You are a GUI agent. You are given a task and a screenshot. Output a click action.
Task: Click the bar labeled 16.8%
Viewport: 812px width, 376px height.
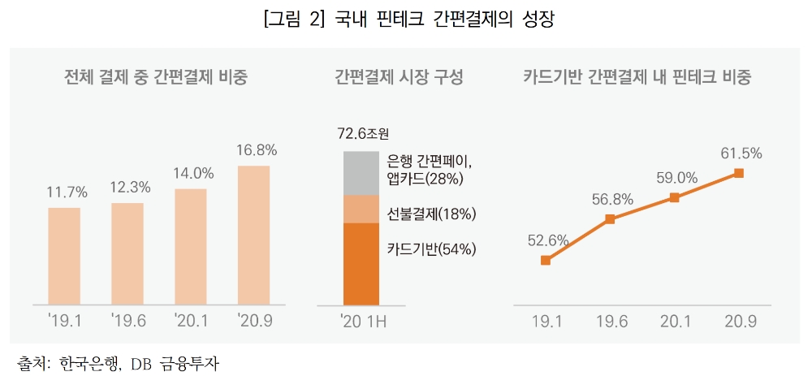point(253,236)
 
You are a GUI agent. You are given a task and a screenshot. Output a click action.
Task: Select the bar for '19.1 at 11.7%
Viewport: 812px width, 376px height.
point(64,257)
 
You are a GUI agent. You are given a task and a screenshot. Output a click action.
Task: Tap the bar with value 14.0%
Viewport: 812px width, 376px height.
point(190,247)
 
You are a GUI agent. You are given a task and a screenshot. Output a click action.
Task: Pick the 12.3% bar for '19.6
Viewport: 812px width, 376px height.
point(127,254)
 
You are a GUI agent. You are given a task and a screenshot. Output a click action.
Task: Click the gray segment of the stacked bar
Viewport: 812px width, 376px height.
point(361,172)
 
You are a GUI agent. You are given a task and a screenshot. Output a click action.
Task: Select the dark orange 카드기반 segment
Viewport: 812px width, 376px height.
point(361,265)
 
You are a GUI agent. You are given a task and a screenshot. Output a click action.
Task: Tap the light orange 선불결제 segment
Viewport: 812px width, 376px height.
point(361,209)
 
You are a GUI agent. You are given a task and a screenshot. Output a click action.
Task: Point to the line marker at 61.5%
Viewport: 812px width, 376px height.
point(738,173)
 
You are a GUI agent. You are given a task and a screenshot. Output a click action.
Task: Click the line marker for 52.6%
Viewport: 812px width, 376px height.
point(546,261)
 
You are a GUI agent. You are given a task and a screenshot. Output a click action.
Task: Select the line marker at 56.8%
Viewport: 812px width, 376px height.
point(610,219)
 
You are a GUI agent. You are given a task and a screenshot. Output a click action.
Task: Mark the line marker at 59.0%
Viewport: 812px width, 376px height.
point(673,197)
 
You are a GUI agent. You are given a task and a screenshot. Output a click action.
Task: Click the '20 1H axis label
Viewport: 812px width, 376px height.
point(362,322)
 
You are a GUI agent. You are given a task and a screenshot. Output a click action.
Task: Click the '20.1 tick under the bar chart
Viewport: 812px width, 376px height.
point(190,322)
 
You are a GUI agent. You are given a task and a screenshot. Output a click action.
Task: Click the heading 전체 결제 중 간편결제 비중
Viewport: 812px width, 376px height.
point(156,78)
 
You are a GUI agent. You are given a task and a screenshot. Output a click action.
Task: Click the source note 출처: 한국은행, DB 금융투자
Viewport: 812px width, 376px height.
point(118,361)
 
